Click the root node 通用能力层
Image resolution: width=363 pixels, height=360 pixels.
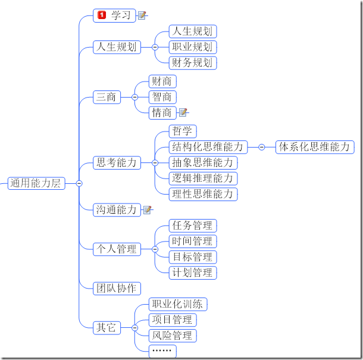tap(36, 183)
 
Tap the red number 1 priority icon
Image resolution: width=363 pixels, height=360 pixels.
tap(102, 15)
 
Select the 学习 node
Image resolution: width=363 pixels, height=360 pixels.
tap(114, 15)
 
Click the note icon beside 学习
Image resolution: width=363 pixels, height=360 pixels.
tap(142, 15)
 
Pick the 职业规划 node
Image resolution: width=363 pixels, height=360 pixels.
tap(193, 47)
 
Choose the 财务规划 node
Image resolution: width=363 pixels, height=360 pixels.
tap(193, 63)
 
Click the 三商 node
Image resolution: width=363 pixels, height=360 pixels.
tap(107, 97)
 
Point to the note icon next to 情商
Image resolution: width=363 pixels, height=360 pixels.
tap(183, 112)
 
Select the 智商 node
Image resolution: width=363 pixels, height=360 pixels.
tap(162, 97)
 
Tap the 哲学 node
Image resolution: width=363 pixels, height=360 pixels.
tap(183, 132)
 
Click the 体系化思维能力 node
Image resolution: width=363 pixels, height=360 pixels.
tap(315, 147)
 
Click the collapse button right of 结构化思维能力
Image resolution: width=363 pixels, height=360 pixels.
tap(262, 147)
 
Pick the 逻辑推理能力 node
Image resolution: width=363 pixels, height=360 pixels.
tap(203, 179)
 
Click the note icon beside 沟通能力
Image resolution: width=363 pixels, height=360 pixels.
tap(147, 209)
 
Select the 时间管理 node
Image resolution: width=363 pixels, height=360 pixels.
tap(193, 241)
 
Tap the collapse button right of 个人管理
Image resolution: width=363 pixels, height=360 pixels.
tap(155, 249)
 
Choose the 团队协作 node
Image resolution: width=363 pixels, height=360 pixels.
tap(117, 289)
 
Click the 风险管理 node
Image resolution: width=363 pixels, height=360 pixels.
tap(173, 336)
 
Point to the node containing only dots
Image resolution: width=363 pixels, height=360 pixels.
tap(162, 351)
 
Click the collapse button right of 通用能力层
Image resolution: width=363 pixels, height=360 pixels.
tap(79, 183)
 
